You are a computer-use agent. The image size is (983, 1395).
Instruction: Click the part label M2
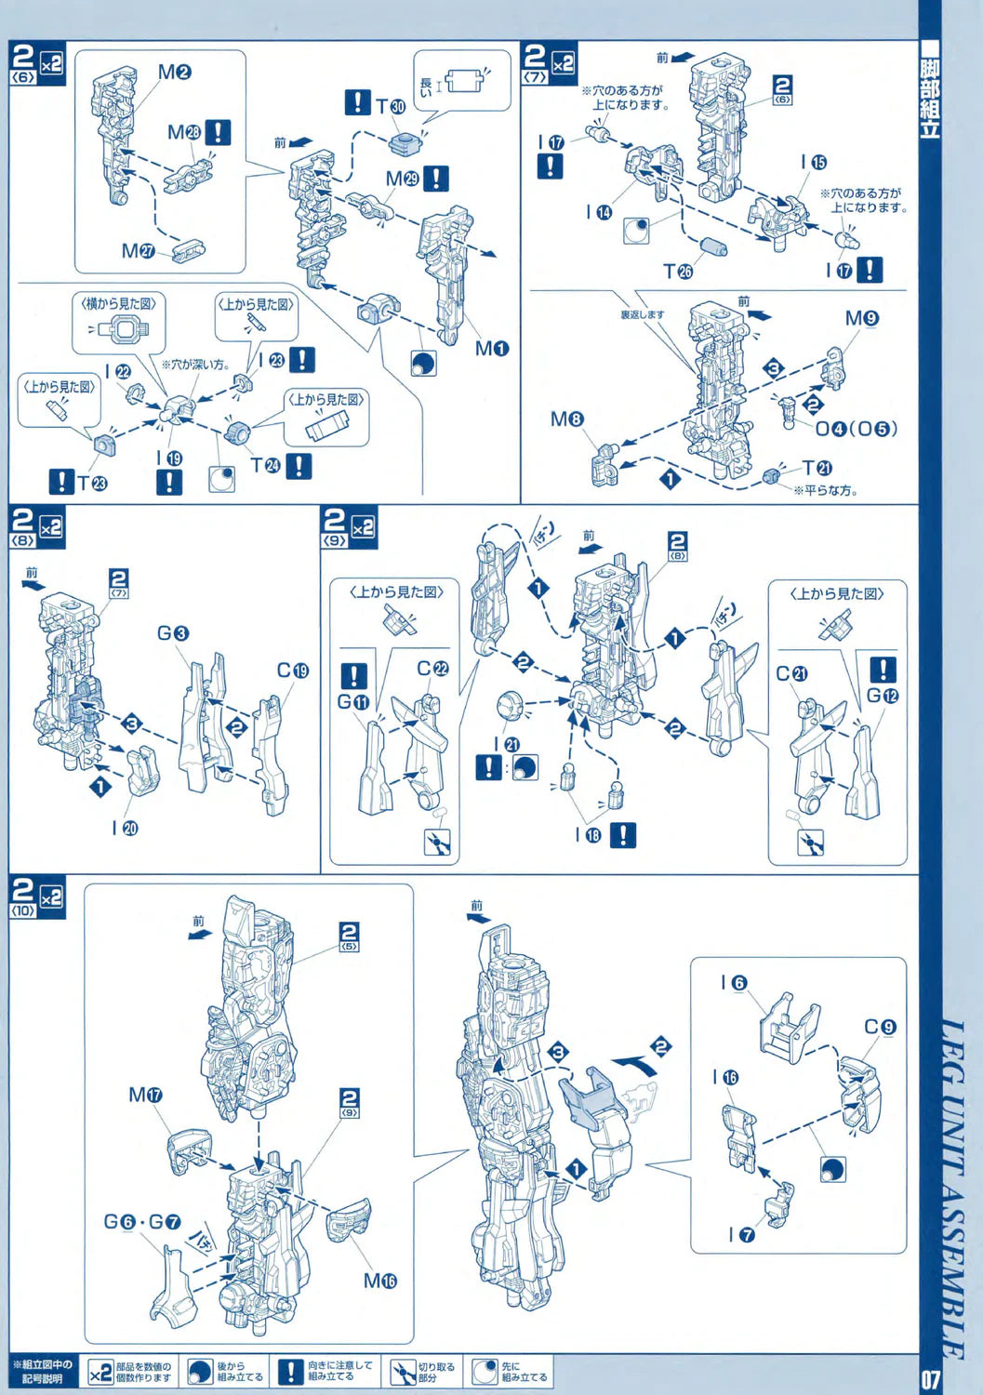(x=174, y=72)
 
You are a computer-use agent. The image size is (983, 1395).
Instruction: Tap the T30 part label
(x=391, y=106)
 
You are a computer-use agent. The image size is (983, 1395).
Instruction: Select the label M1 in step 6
(x=492, y=349)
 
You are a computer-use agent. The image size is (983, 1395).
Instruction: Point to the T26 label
(x=678, y=271)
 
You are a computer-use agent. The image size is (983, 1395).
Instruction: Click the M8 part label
(x=566, y=419)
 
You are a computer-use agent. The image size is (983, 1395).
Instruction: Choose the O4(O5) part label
(x=857, y=429)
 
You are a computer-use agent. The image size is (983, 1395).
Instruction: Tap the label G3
(x=173, y=633)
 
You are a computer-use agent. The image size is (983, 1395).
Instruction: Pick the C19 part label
(x=292, y=671)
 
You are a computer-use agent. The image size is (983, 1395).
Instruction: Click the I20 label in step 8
(x=125, y=828)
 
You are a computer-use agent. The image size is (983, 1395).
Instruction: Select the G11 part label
(x=353, y=702)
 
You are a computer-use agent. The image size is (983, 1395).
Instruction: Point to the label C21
(x=791, y=673)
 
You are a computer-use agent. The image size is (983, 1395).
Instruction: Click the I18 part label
(x=588, y=835)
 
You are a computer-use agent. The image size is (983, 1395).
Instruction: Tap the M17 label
(x=145, y=1096)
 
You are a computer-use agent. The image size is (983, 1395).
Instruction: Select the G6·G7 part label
(x=142, y=1221)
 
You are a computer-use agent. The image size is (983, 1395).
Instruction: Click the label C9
(x=880, y=1027)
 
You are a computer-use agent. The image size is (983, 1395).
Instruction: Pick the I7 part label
(x=741, y=1234)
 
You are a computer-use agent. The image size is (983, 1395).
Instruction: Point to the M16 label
(x=379, y=1281)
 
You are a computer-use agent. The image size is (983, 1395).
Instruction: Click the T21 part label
(x=817, y=468)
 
